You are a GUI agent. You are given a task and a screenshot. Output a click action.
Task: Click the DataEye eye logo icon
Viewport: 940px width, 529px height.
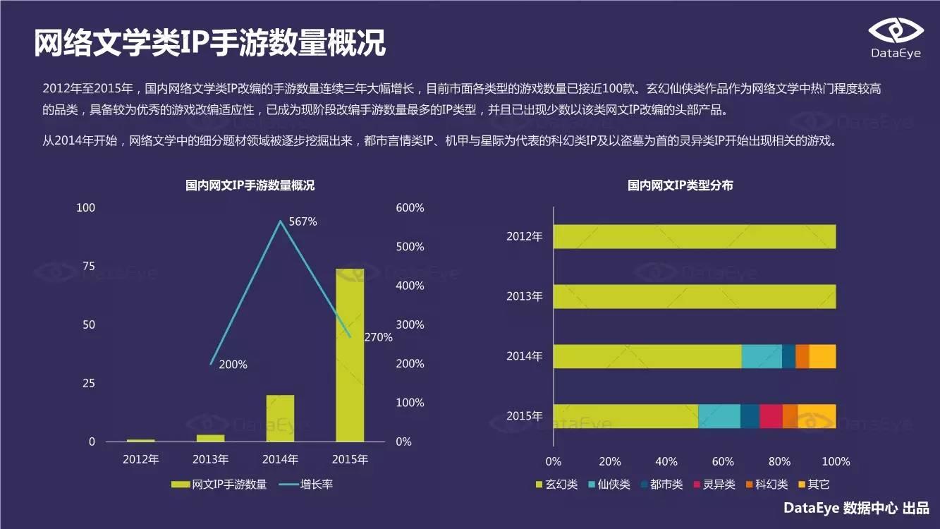[895, 31]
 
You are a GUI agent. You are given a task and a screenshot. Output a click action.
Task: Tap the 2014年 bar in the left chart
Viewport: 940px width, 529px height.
[280, 418]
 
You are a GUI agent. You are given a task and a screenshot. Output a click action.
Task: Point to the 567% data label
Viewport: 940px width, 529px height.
[303, 221]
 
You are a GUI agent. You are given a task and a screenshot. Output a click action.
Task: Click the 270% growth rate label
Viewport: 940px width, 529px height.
[378, 337]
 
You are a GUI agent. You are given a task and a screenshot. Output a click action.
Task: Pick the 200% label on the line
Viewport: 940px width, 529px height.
[233, 365]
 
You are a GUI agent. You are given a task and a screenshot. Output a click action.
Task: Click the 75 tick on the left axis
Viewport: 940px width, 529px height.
[88, 266]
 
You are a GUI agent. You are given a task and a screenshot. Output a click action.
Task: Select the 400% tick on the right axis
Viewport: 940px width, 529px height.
[410, 286]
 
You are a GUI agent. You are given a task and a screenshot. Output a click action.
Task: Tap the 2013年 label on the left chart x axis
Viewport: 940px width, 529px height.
[211, 459]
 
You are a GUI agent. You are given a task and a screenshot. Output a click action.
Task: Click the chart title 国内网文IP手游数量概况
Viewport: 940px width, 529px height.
[250, 186]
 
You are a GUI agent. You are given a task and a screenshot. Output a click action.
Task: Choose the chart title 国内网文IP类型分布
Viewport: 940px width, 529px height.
[680, 186]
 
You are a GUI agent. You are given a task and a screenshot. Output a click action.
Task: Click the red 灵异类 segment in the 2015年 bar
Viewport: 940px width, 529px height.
[771, 416]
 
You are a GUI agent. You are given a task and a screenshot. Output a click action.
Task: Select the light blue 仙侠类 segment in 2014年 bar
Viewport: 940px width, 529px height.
[762, 356]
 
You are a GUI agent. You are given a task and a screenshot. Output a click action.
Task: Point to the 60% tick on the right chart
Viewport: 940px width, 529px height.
[723, 462]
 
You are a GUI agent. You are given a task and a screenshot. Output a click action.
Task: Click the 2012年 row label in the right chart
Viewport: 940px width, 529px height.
[524, 237]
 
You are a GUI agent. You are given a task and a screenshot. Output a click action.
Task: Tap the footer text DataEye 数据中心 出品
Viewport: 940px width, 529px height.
[856, 508]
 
